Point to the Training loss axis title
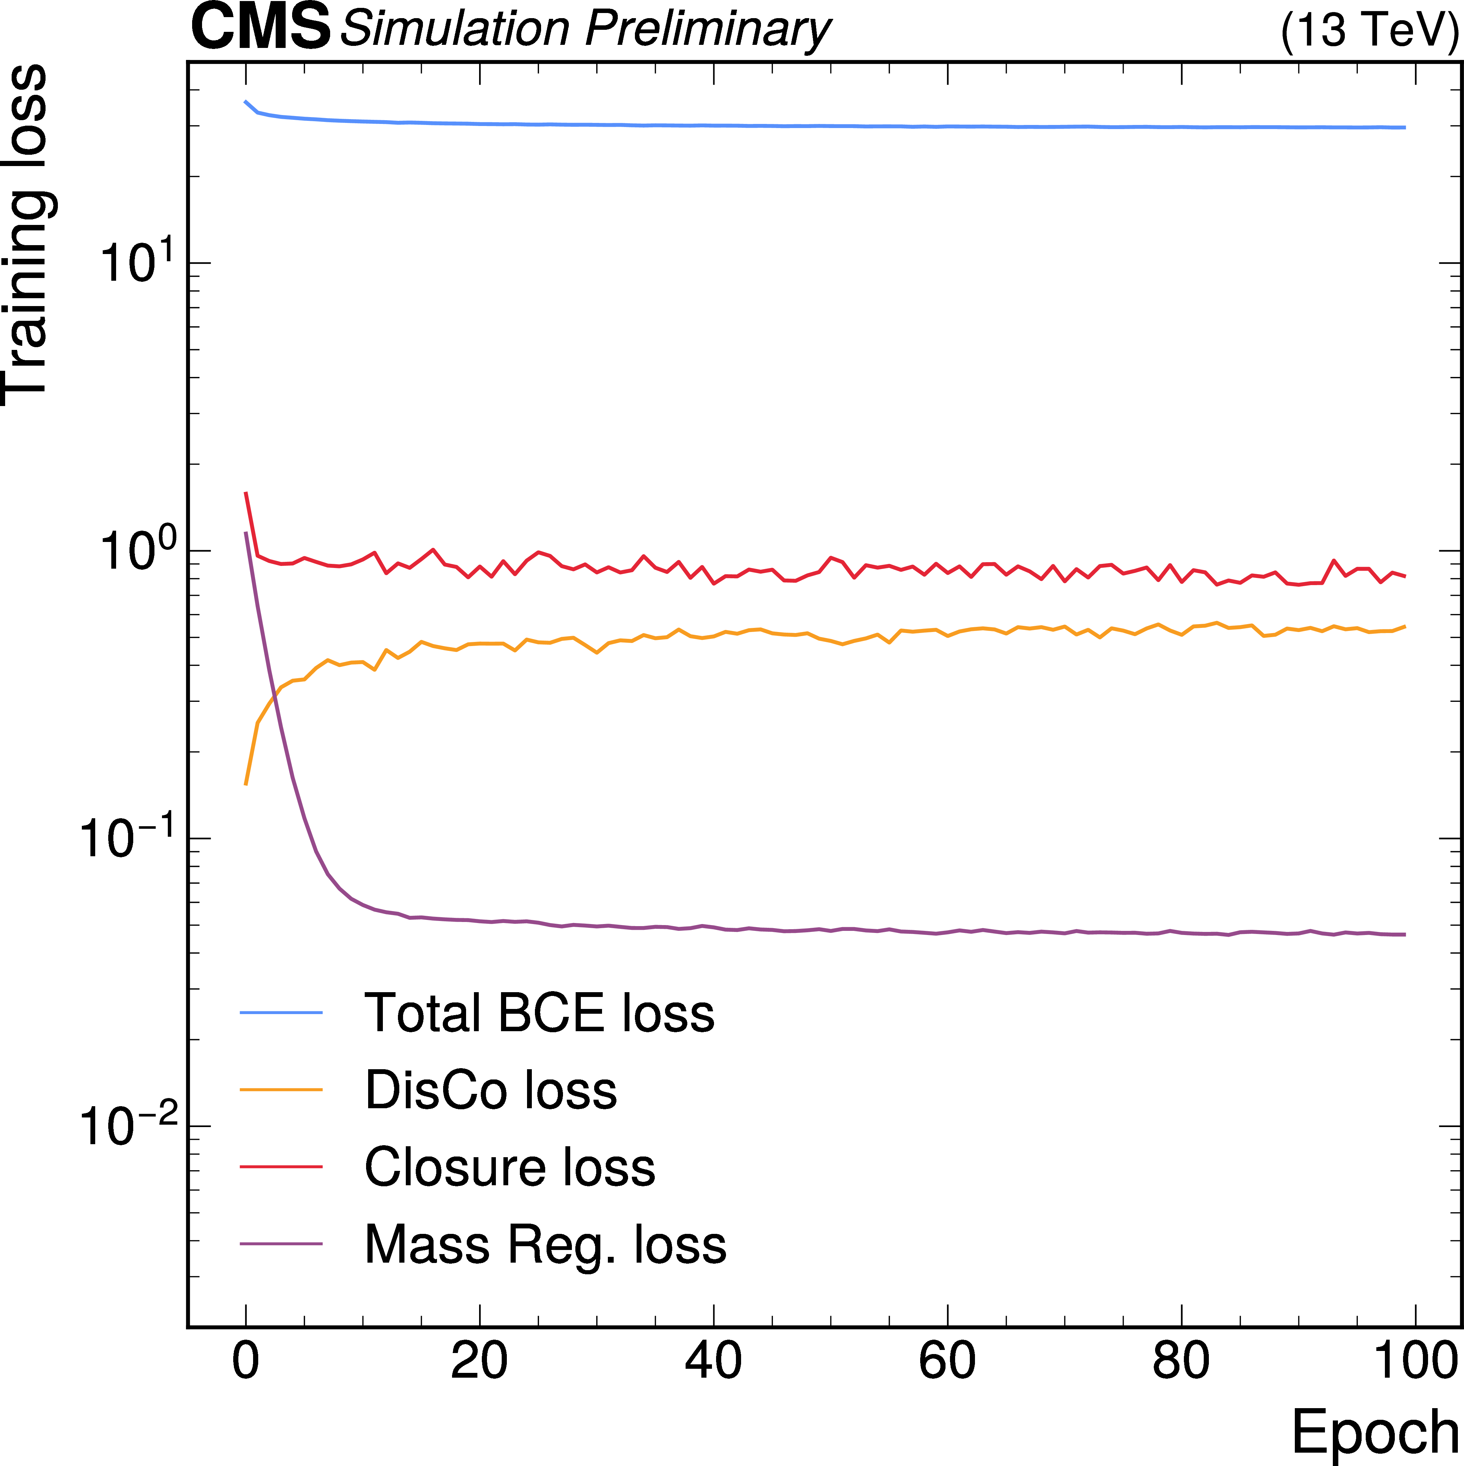pyautogui.click(x=26, y=235)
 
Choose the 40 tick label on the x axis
pyautogui.click(x=713, y=1361)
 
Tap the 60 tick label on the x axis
pyautogui.click(x=947, y=1361)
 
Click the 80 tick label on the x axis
pyautogui.click(x=1181, y=1361)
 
